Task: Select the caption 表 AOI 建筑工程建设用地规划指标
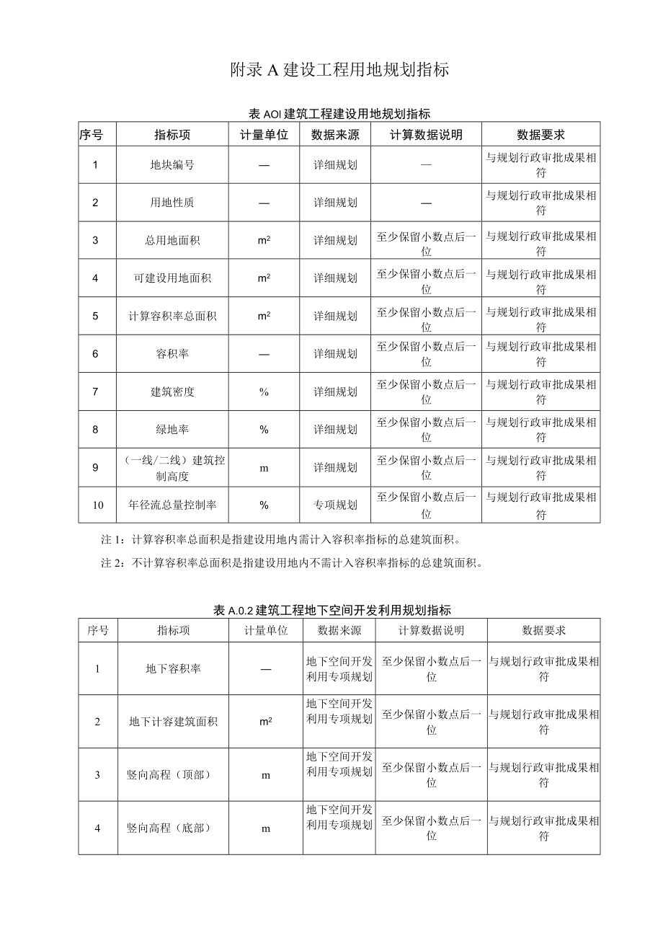(x=339, y=114)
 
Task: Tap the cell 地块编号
(x=172, y=165)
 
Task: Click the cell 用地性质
(x=172, y=203)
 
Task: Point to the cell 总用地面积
(x=172, y=241)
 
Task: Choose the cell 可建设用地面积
(x=172, y=278)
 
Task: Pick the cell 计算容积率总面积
(x=172, y=317)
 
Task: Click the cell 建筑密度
(x=172, y=392)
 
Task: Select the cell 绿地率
(x=172, y=430)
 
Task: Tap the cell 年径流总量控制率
(x=172, y=505)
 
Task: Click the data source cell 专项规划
(x=335, y=505)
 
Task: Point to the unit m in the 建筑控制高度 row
(x=264, y=468)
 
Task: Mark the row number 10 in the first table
(x=97, y=505)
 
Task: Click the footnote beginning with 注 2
(x=291, y=564)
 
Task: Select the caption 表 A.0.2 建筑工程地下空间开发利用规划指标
(x=332, y=610)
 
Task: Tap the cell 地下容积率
(x=173, y=669)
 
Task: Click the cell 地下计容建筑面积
(x=173, y=722)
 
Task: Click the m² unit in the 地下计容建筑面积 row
(x=265, y=722)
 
